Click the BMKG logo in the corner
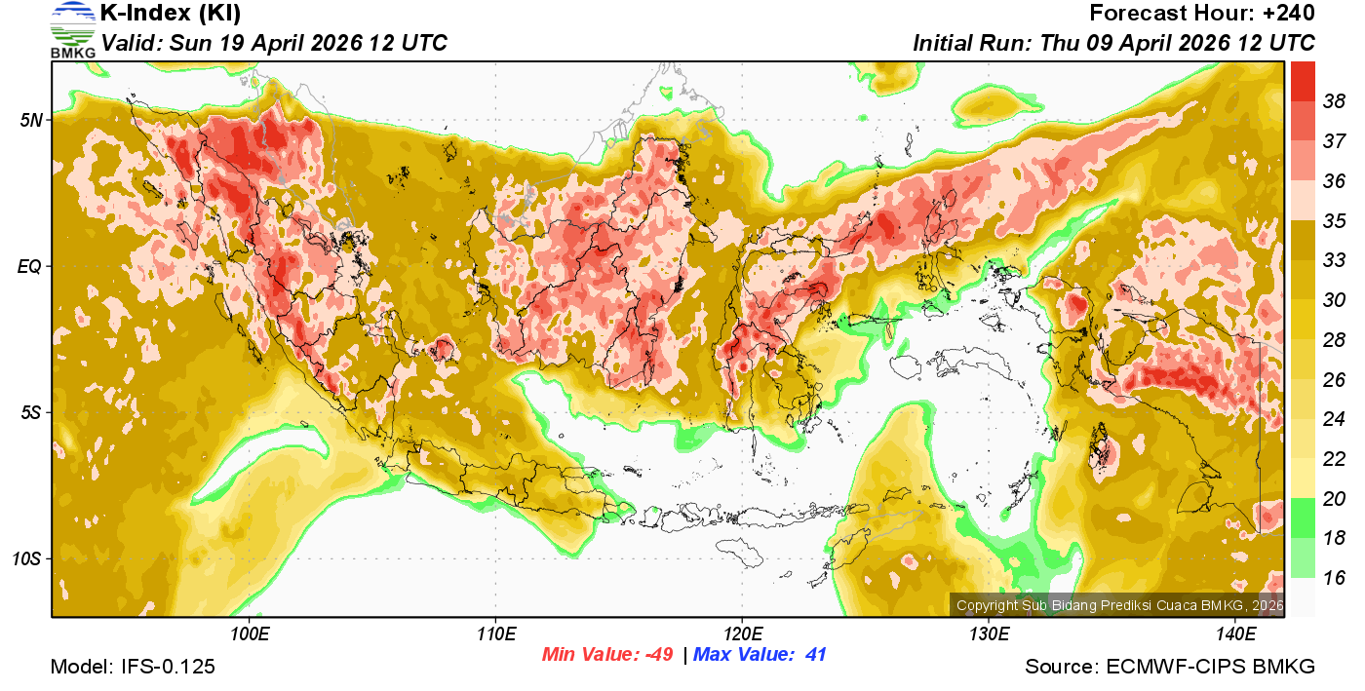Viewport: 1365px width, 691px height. (72, 28)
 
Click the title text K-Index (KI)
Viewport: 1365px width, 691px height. (171, 14)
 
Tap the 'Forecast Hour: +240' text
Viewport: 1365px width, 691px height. (1202, 14)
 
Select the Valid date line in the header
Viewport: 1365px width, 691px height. (274, 43)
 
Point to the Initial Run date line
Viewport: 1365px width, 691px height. (1113, 43)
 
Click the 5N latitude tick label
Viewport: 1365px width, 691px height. (30, 120)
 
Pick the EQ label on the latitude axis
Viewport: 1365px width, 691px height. (30, 265)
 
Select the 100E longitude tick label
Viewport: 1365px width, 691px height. (250, 634)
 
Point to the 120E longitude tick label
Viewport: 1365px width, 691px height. (742, 634)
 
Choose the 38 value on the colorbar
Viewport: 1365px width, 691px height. (1334, 100)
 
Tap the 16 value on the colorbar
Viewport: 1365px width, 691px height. (1334, 578)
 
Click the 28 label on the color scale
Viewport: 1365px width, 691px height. (1334, 339)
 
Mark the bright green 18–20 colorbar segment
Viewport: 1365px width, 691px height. (1303, 518)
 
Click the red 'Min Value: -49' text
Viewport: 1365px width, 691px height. (607, 655)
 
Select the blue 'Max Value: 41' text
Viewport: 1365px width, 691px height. (760, 655)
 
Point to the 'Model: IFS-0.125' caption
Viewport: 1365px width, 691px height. (133, 668)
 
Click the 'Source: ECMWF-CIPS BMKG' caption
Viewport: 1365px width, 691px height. (1170, 668)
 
